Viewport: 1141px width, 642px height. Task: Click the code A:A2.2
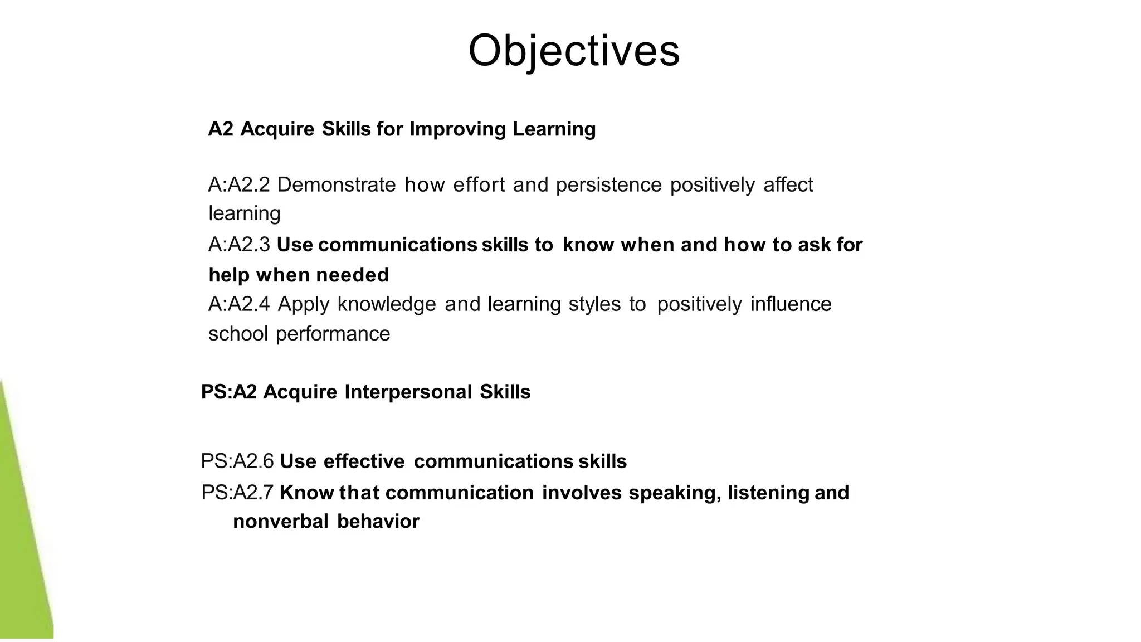pos(239,184)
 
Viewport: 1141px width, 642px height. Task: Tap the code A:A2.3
pos(239,245)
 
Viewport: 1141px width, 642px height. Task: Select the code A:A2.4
pos(239,304)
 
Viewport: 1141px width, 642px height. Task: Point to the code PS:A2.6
pos(237,461)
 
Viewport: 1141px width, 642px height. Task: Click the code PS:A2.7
pos(237,493)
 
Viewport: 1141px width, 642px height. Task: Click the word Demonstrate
pos(336,184)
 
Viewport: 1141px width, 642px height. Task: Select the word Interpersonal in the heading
pos(408,392)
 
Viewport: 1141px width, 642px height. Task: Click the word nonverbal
pos(281,522)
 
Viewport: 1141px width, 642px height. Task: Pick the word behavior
pos(378,522)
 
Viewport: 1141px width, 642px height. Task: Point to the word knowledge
pos(387,305)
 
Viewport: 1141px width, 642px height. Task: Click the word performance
pos(333,334)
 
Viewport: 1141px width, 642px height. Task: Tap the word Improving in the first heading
pos(457,129)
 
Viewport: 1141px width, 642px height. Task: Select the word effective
pos(364,461)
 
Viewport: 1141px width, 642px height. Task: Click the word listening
pos(768,493)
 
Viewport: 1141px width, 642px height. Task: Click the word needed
pos(352,275)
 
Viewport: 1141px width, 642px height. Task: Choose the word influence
pos(791,304)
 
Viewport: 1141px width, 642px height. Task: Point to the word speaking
pos(674,493)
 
